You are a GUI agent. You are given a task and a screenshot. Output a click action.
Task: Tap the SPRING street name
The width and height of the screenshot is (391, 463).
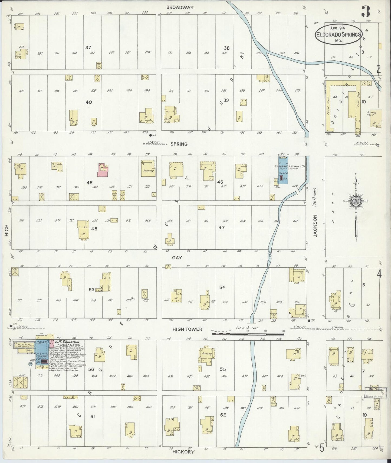[179, 144]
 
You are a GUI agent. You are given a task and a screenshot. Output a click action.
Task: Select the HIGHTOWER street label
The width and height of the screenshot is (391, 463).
[187, 329]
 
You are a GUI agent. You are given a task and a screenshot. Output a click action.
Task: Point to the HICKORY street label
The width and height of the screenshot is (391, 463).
[183, 452]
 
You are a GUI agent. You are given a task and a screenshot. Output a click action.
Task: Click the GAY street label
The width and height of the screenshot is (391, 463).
[177, 258]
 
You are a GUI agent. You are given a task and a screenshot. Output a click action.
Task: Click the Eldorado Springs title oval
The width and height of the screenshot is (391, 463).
[338, 34]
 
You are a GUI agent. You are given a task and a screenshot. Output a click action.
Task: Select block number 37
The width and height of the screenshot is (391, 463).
[88, 48]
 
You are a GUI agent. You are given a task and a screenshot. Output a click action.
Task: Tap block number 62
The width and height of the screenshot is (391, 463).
[223, 415]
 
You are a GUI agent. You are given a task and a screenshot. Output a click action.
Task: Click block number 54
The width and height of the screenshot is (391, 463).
[222, 287]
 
